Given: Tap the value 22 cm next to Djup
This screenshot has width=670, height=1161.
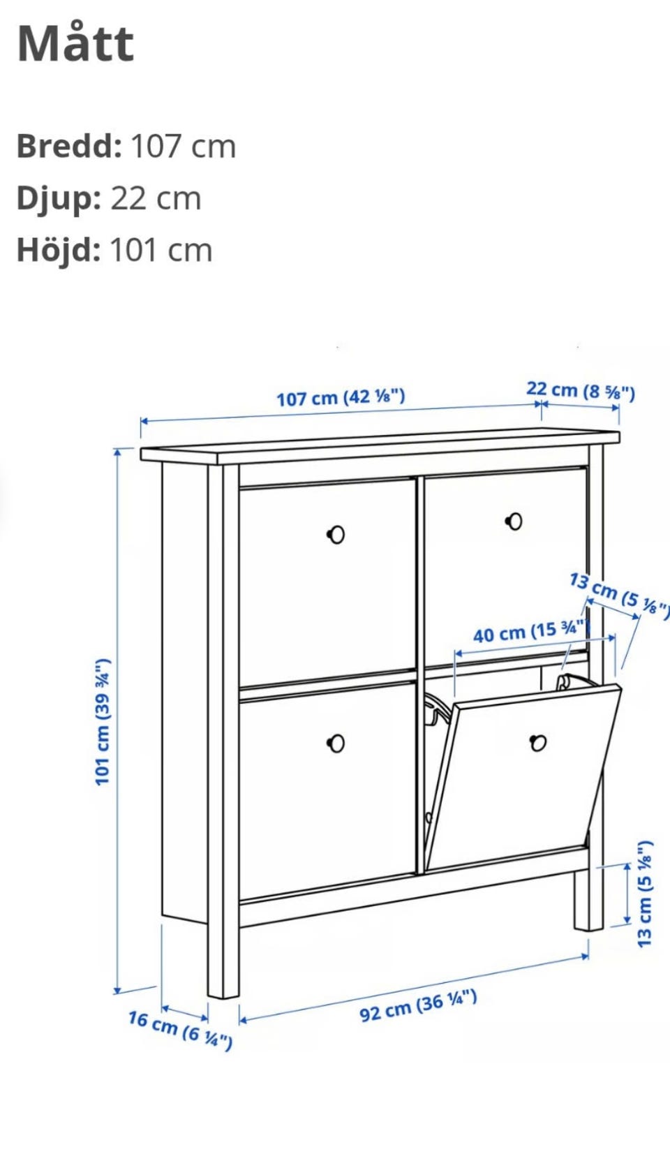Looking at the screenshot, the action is point(156,198).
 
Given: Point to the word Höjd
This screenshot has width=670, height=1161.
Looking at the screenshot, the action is point(59,250).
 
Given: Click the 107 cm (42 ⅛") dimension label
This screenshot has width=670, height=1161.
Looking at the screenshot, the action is point(341,397).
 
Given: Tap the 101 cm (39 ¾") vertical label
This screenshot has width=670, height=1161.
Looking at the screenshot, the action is point(103,722).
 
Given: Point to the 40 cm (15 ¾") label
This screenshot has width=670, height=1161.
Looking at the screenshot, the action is point(530,632).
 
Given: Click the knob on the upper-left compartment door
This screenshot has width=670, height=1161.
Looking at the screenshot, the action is point(336,534).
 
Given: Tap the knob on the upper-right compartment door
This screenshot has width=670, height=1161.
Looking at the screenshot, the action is point(514,522).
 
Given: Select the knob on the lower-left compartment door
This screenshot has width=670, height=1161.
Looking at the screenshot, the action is point(336,744).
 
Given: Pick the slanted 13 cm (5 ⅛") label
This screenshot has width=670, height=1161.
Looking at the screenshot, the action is point(619,595).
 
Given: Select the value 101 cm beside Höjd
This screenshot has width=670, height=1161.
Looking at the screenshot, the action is point(161,251).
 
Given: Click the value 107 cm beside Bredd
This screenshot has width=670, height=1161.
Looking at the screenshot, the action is point(184,146).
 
